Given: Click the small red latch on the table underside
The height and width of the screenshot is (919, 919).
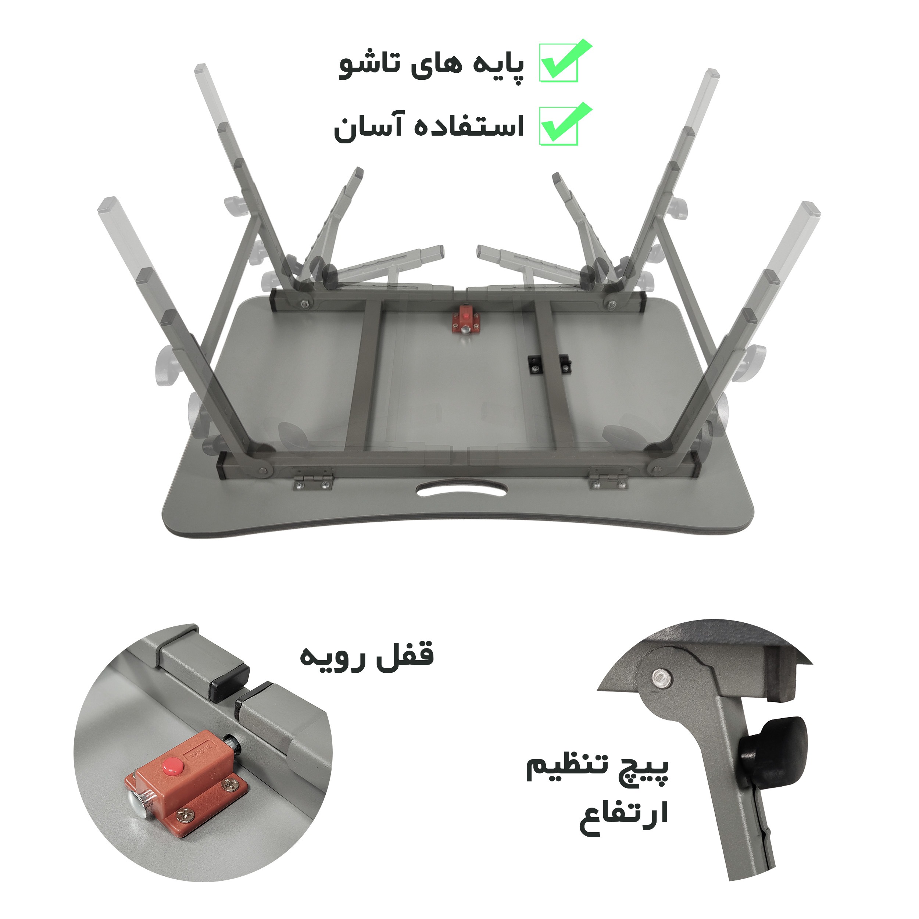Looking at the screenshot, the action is click(465, 322).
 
